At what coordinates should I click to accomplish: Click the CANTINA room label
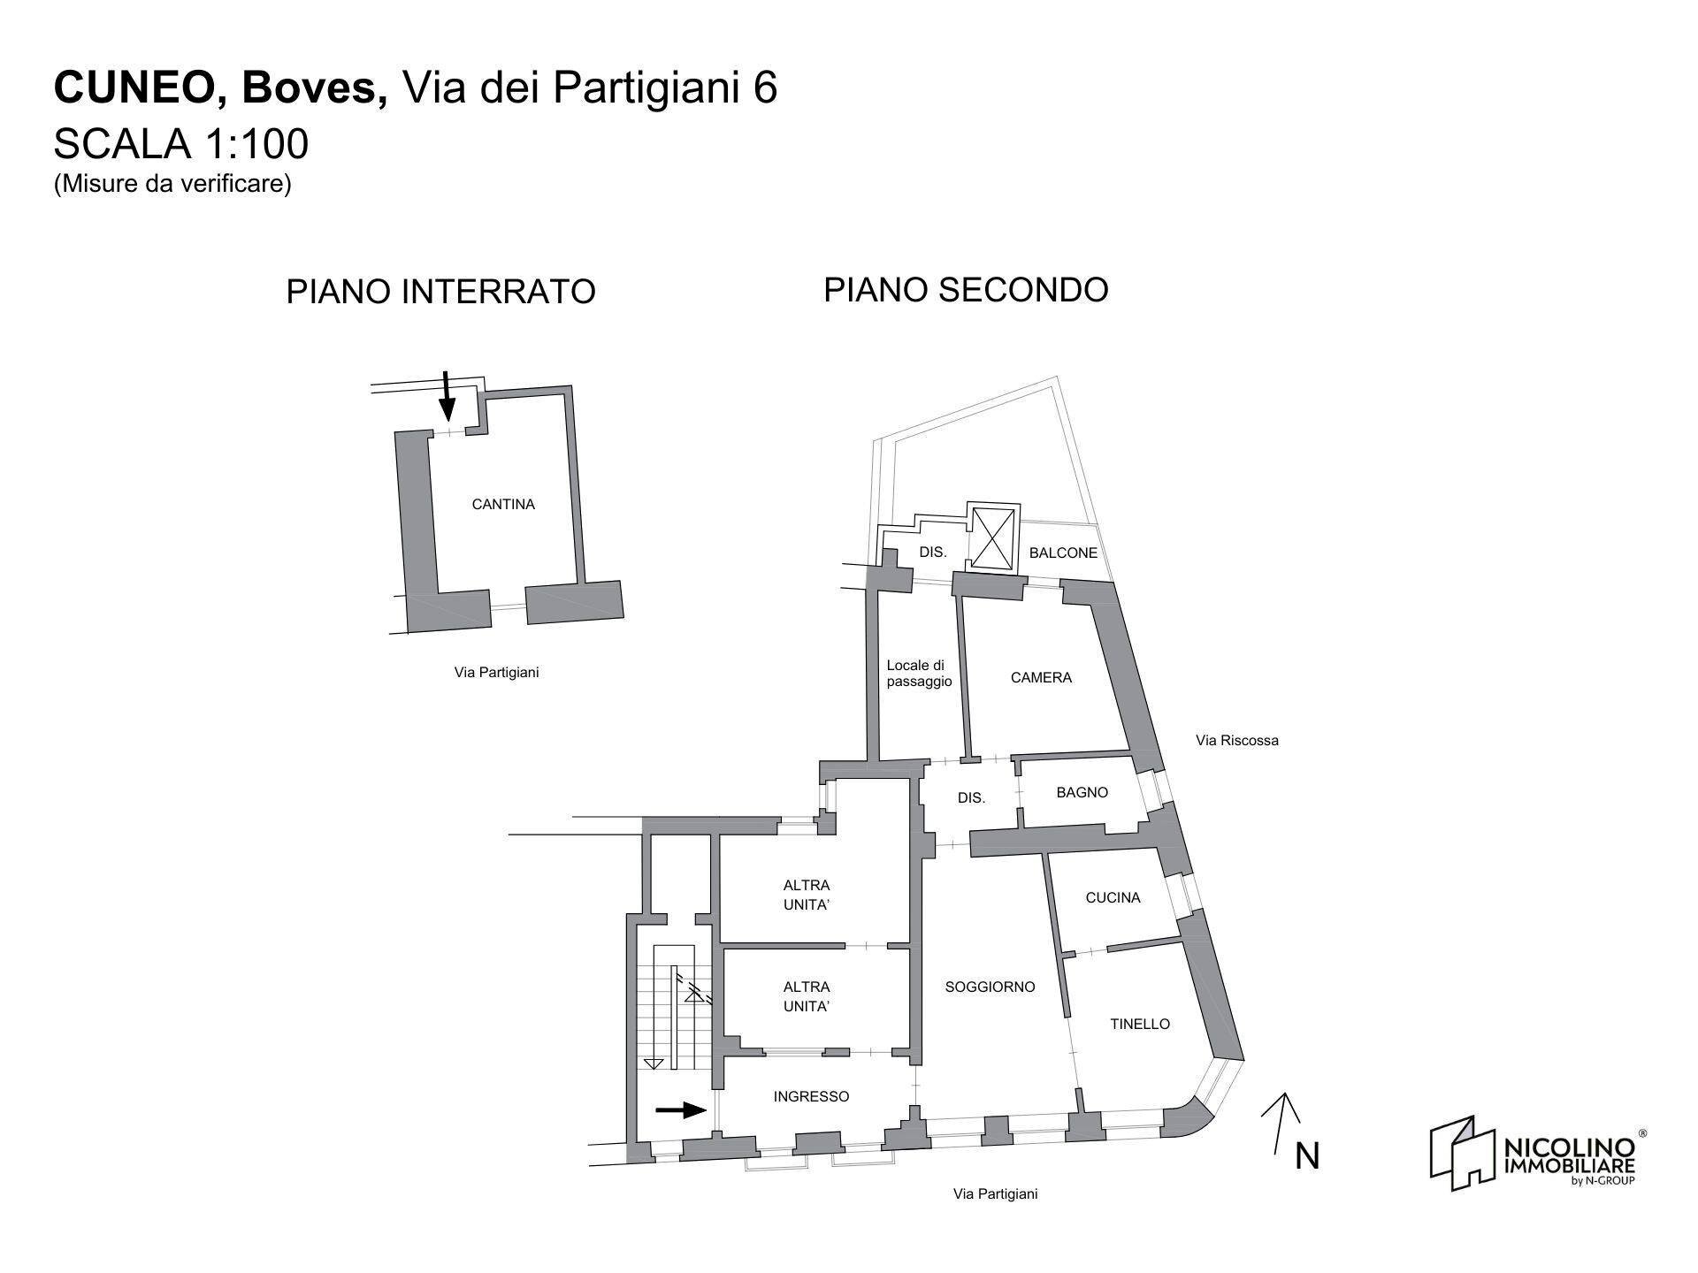point(502,505)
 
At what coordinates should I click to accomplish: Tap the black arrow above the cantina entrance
point(447,395)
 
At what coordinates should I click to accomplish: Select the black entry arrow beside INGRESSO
point(681,1110)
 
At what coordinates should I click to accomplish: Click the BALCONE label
point(1063,553)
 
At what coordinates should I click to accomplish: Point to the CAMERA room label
point(1041,678)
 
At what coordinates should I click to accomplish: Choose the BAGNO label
point(1082,793)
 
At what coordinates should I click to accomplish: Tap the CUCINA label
point(1113,898)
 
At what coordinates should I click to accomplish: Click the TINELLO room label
point(1140,1025)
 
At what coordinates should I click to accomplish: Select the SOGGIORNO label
point(990,987)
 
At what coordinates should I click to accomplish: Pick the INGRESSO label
point(811,1097)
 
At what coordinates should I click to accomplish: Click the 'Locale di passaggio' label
point(919,674)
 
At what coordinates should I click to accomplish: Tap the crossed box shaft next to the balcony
point(993,537)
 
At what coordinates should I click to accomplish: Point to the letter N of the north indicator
point(1306,1156)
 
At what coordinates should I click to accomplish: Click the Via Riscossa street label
point(1236,741)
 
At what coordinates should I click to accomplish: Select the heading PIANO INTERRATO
point(440,292)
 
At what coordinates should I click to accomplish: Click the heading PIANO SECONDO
point(966,290)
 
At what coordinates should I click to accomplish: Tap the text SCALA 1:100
point(181,144)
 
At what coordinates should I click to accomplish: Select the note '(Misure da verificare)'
point(172,185)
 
